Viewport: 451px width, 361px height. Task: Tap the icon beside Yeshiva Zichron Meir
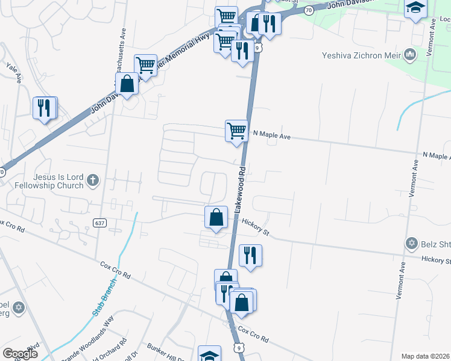pos(411,55)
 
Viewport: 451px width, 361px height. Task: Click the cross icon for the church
pos(92,179)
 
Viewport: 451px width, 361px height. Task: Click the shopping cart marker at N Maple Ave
pos(236,131)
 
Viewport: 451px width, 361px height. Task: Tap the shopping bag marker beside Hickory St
pos(216,217)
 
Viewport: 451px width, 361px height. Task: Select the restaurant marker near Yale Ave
pos(44,108)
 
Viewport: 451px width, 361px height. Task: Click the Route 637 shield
pos(101,223)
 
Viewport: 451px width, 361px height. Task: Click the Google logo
pos(20,354)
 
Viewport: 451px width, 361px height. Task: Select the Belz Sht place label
pos(435,244)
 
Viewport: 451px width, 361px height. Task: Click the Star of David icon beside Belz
pos(412,244)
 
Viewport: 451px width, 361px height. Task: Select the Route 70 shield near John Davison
pos(309,10)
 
